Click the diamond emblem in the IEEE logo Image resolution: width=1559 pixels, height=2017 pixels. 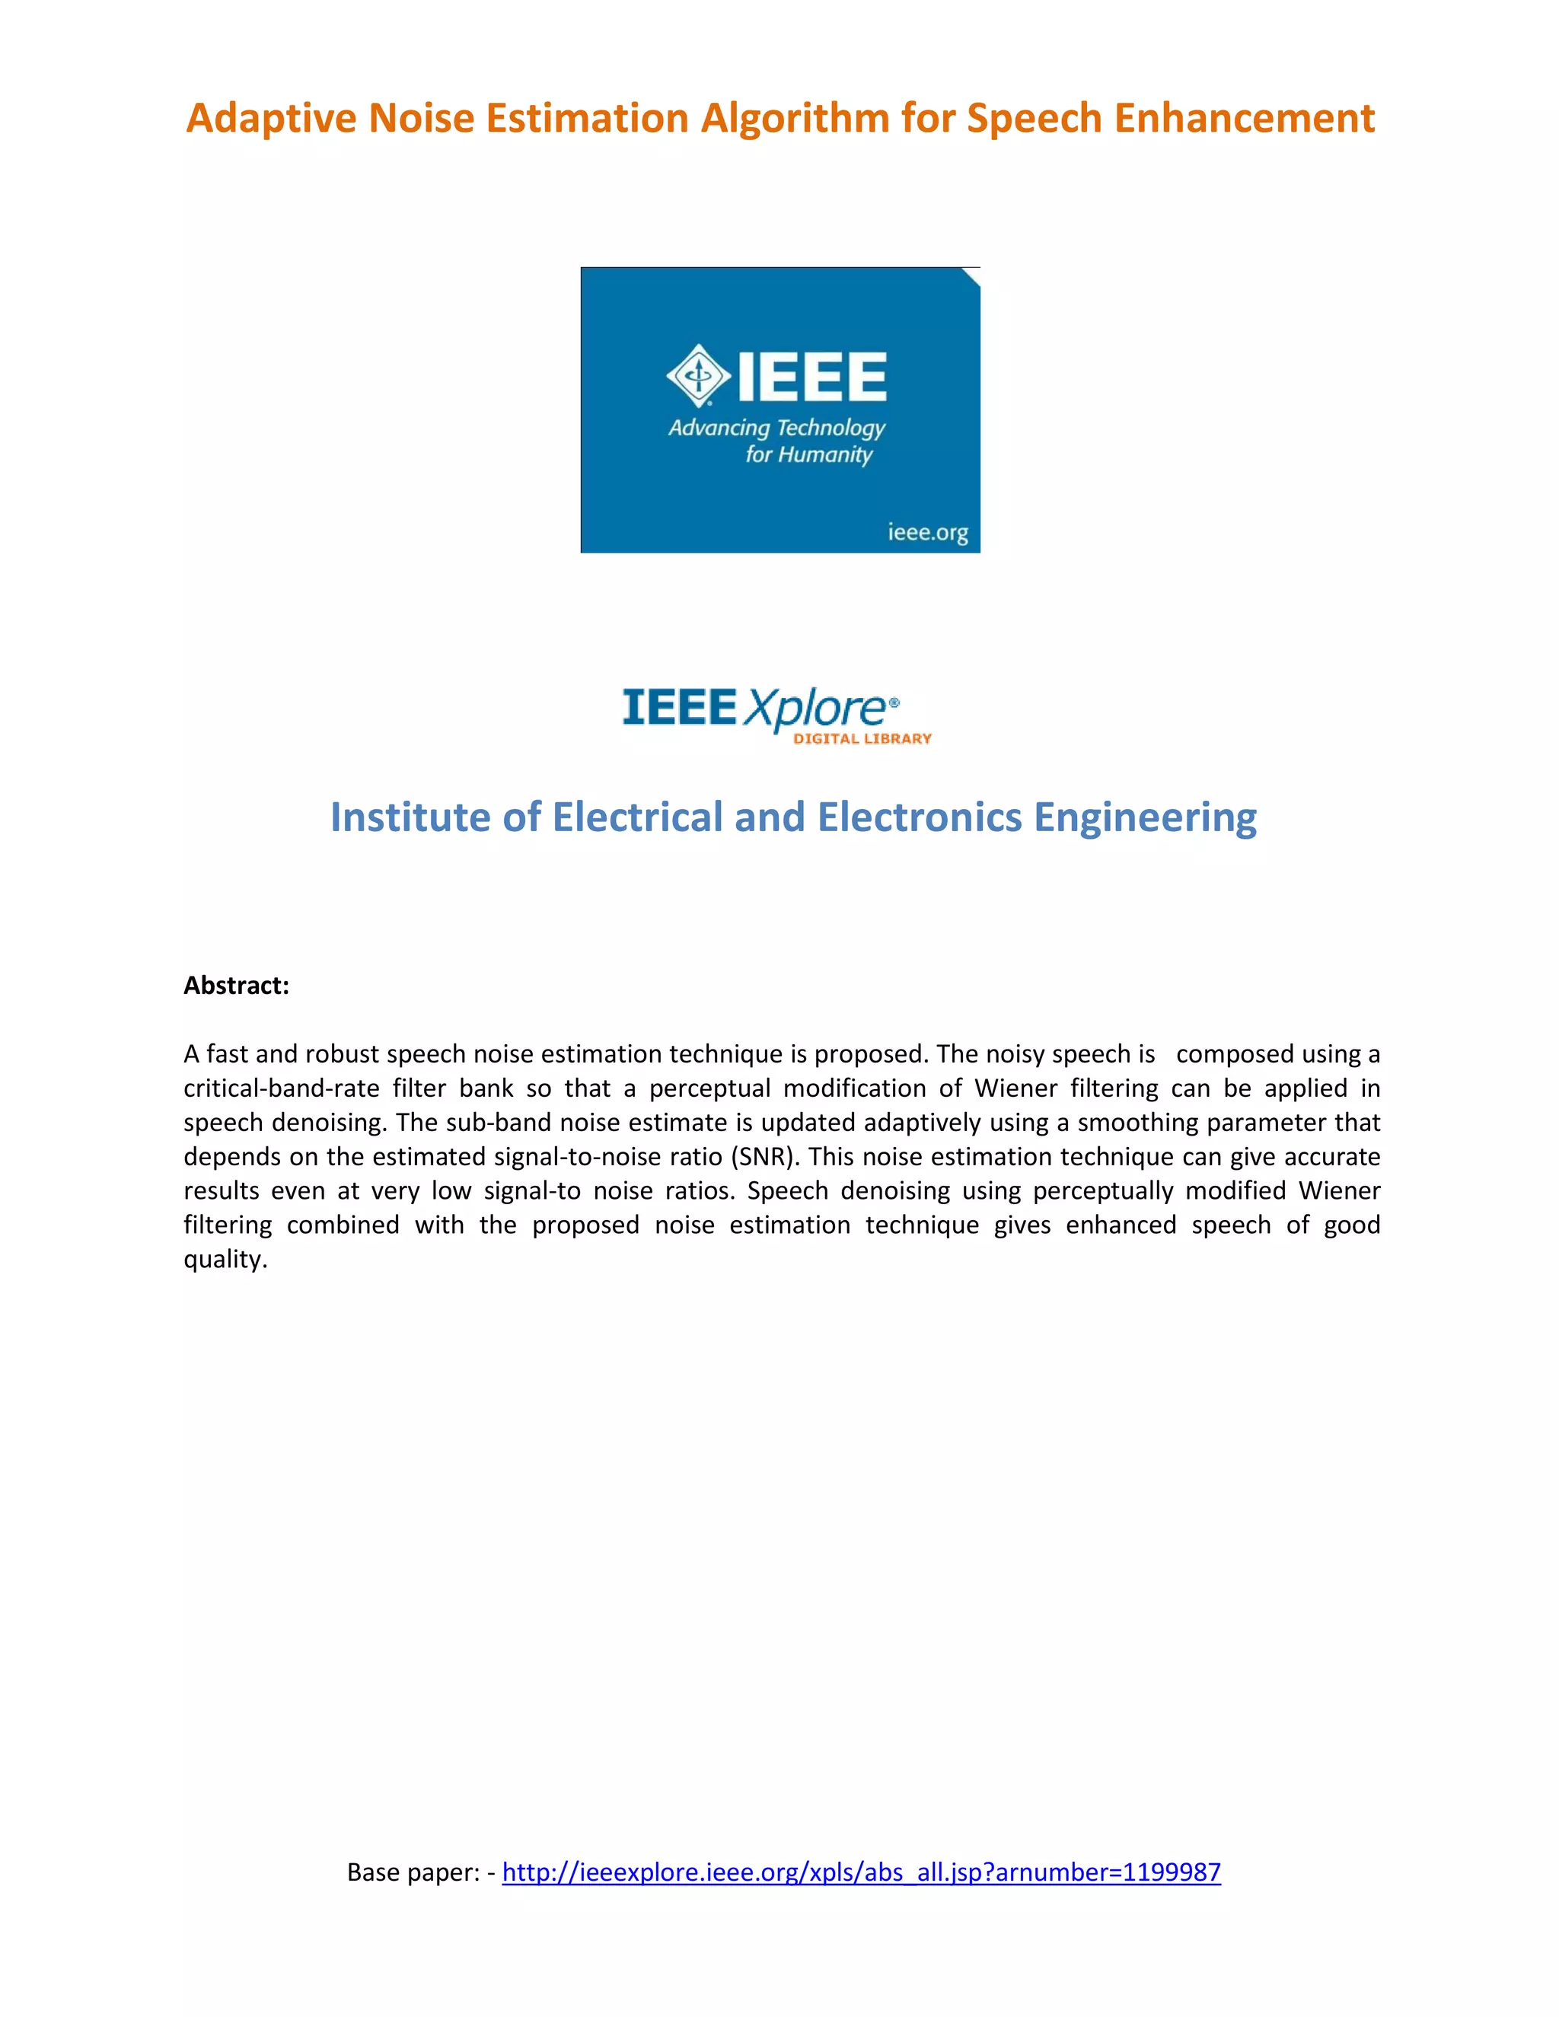pyautogui.click(x=698, y=375)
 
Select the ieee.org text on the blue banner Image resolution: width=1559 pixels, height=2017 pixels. pyautogui.click(x=927, y=532)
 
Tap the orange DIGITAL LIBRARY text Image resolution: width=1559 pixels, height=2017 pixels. pyautogui.click(x=862, y=739)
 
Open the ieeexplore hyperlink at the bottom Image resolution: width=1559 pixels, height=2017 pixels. pyautogui.click(x=861, y=1872)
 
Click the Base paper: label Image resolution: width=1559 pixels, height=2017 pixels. pyautogui.click(x=413, y=1872)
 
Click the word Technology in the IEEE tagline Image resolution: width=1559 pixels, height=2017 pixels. pyautogui.click(x=832, y=428)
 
